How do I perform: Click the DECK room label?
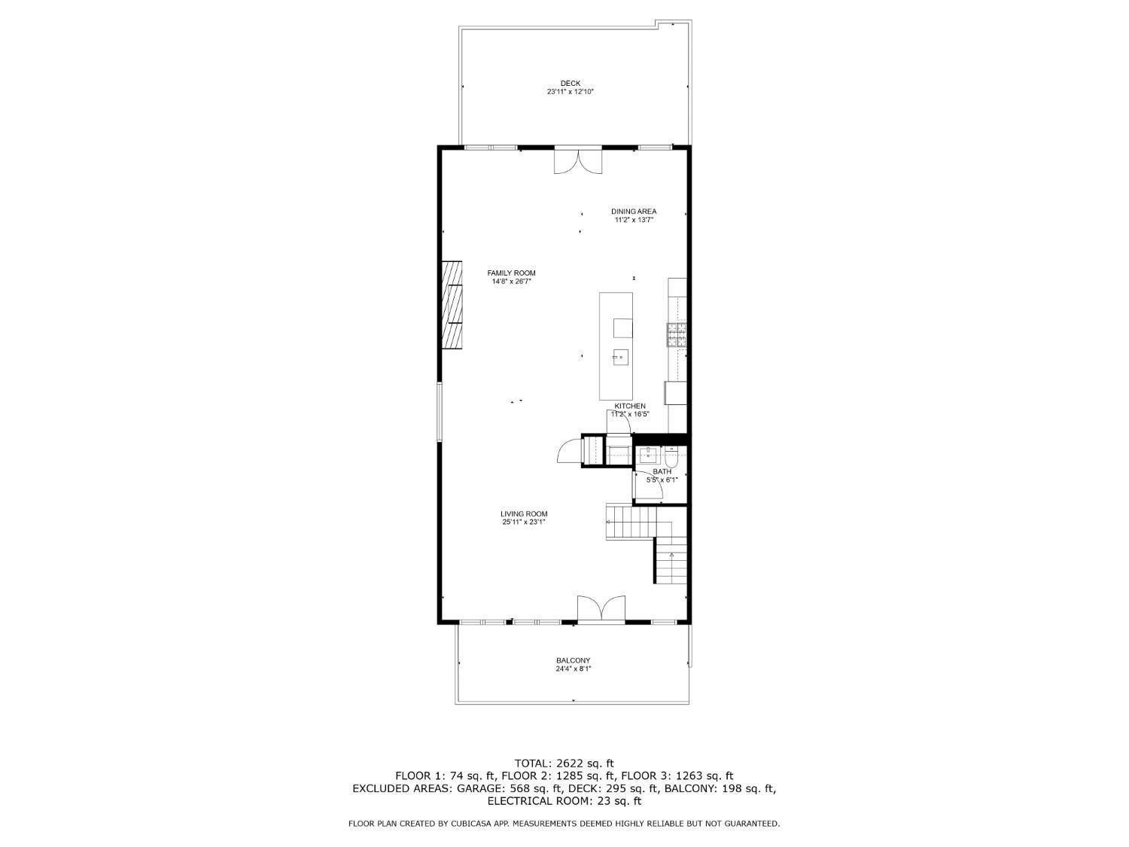(570, 84)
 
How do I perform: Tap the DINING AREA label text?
(633, 212)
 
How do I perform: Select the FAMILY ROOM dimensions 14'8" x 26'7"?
(511, 282)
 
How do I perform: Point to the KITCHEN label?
(629, 406)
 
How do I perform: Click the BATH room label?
(662, 471)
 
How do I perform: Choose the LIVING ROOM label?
(524, 513)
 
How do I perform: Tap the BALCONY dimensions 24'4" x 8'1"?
(573, 669)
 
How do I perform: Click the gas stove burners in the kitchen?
(677, 334)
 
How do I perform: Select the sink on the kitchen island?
(619, 357)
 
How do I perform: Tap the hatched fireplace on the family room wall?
(452, 306)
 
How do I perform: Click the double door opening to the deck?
(577, 160)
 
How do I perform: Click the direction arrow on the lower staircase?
(671, 554)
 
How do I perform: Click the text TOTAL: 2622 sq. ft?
(564, 763)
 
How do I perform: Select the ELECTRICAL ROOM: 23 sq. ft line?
(564, 801)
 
